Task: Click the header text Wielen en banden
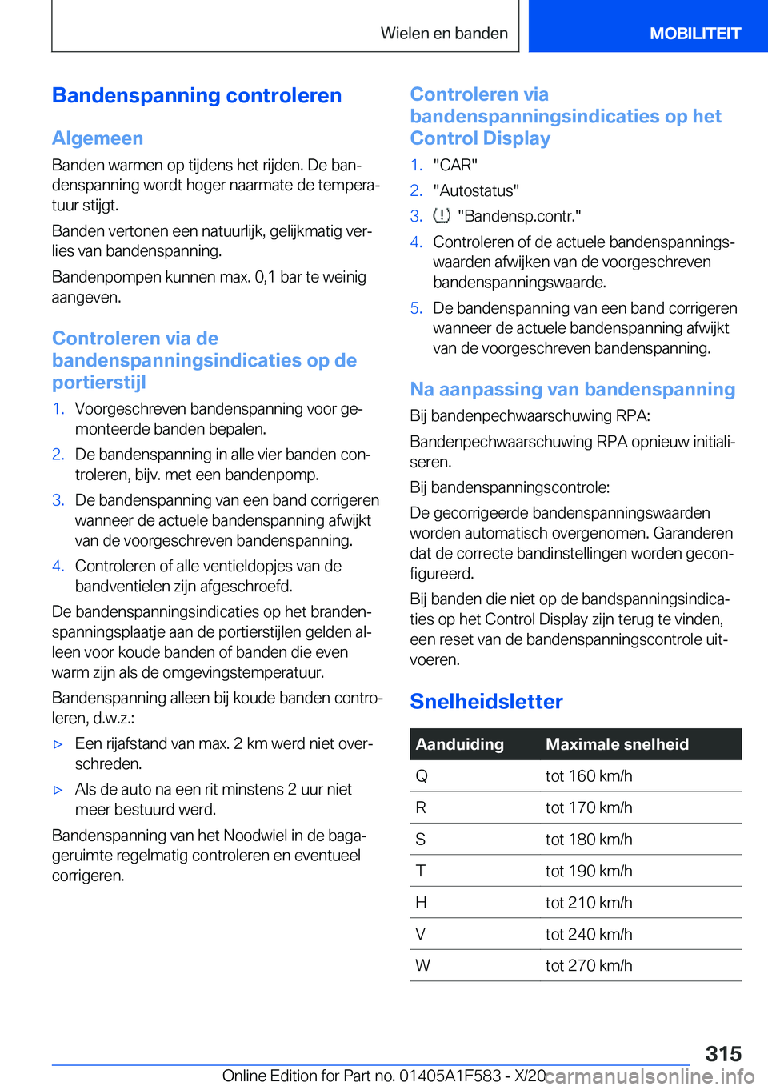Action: pyautogui.click(x=444, y=34)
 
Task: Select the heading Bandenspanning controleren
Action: pyautogui.click(x=197, y=96)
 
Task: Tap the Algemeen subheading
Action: pyautogui.click(x=98, y=138)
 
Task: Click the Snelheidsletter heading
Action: pyautogui.click(x=486, y=701)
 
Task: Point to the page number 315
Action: pyautogui.click(x=723, y=1053)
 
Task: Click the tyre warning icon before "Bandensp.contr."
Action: pyautogui.click(x=442, y=216)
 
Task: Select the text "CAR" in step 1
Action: pyautogui.click(x=455, y=165)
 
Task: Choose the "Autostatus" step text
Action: pyautogui.click(x=476, y=190)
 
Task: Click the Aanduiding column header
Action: pyautogui.click(x=460, y=744)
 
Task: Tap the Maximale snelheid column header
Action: pyautogui.click(x=617, y=744)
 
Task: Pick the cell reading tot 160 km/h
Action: pyautogui.click(x=589, y=776)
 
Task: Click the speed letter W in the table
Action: pyautogui.click(x=422, y=966)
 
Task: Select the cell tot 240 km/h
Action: pyautogui.click(x=589, y=934)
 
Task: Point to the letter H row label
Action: pyautogui.click(x=421, y=903)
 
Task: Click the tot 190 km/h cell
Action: pyautogui.click(x=589, y=871)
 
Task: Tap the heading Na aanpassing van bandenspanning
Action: pyautogui.click(x=572, y=390)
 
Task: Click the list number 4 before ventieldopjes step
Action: pyautogui.click(x=58, y=567)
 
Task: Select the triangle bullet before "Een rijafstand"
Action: pyautogui.click(x=58, y=744)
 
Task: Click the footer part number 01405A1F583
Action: pyautogui.click(x=450, y=1076)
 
